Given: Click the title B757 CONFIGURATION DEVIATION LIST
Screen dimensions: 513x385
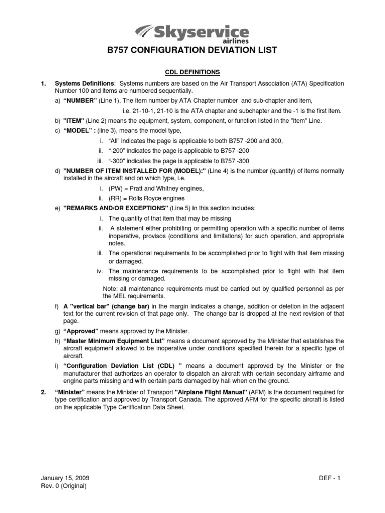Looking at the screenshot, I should pyautogui.click(x=192, y=50).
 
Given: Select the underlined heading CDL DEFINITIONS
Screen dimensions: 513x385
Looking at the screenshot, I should pyautogui.click(x=192, y=72).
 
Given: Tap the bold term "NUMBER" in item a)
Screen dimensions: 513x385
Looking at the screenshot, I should pyautogui.click(x=80, y=101).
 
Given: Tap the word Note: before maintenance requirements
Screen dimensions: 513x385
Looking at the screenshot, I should pyautogui.click(x=109, y=288).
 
